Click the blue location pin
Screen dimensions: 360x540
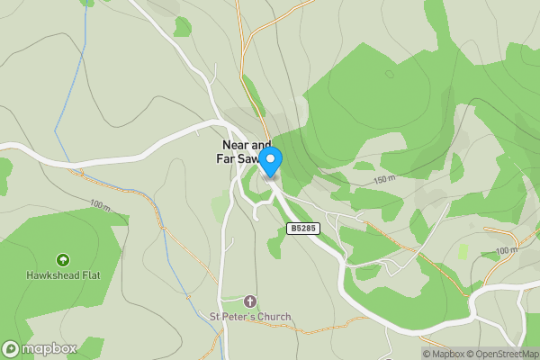pyautogui.click(x=271, y=162)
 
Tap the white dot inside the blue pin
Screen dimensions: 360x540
pyautogui.click(x=271, y=157)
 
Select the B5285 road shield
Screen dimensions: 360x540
pyautogui.click(x=303, y=229)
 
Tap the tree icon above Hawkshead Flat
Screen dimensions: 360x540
pyautogui.click(x=62, y=259)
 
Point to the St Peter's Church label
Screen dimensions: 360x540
pyautogui.click(x=250, y=317)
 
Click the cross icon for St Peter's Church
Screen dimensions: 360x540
pyautogui.click(x=250, y=301)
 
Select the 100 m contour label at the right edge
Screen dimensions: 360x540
pyautogui.click(x=507, y=250)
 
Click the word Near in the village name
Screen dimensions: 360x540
pyautogui.click(x=235, y=145)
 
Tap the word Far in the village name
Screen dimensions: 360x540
pyautogui.click(x=225, y=159)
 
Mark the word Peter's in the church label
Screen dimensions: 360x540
pyautogui.click(x=238, y=317)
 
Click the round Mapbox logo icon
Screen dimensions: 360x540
pyautogui.click(x=11, y=349)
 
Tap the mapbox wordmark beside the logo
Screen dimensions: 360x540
pyautogui.click(x=49, y=349)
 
